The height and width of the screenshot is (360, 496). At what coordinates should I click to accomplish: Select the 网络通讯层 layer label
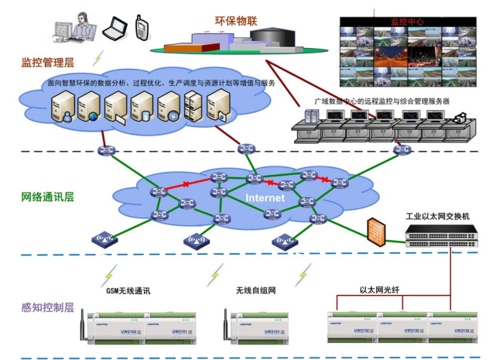click(47, 197)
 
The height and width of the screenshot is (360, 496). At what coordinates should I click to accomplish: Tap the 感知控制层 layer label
click(47, 307)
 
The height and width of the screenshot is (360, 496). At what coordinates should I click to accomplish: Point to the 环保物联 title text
click(235, 21)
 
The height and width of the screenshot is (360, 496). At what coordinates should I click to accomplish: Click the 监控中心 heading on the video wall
click(407, 22)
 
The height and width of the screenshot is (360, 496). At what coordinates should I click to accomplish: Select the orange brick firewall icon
click(377, 231)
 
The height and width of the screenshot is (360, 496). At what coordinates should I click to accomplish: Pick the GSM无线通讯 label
click(127, 290)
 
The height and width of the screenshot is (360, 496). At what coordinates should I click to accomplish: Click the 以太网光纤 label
click(378, 290)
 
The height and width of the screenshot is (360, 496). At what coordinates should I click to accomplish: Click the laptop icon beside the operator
click(113, 29)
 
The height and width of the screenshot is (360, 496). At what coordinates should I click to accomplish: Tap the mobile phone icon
click(142, 28)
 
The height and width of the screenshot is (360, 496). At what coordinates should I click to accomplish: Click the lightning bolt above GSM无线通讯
click(111, 273)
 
